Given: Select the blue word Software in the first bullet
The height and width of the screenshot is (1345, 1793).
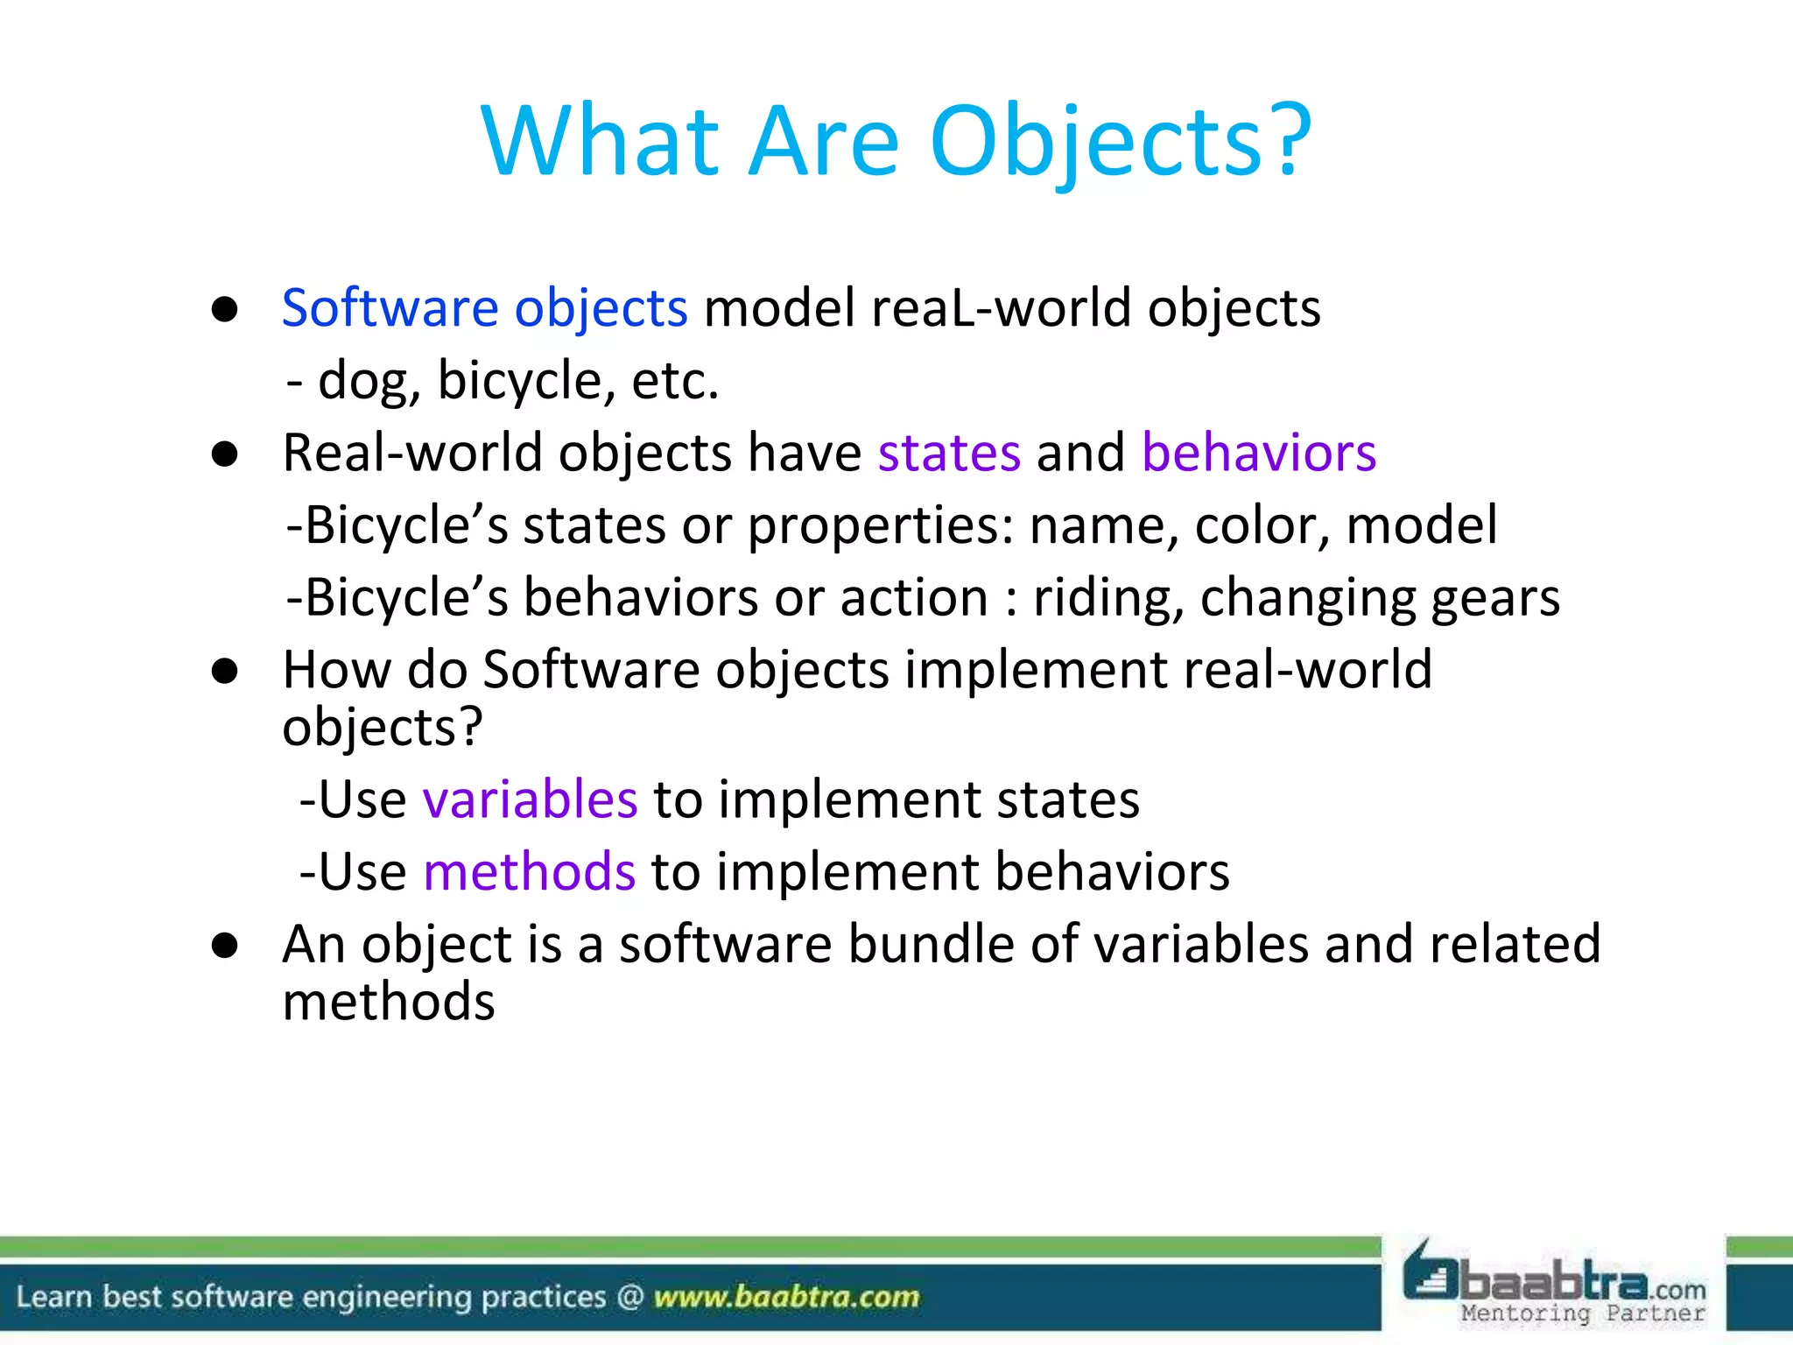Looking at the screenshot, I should point(390,308).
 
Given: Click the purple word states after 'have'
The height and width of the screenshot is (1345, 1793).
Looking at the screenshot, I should point(949,454).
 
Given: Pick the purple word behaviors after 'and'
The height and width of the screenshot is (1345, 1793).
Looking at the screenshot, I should point(1258,454).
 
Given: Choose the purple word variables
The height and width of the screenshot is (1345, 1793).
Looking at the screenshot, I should point(530,799).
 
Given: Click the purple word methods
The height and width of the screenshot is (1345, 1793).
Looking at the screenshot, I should point(529,872).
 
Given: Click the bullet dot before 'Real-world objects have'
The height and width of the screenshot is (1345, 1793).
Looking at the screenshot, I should point(225,454).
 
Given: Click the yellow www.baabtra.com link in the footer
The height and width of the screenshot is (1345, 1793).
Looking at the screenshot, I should point(786,1297).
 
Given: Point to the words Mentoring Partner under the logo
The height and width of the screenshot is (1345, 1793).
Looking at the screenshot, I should point(1582,1313).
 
